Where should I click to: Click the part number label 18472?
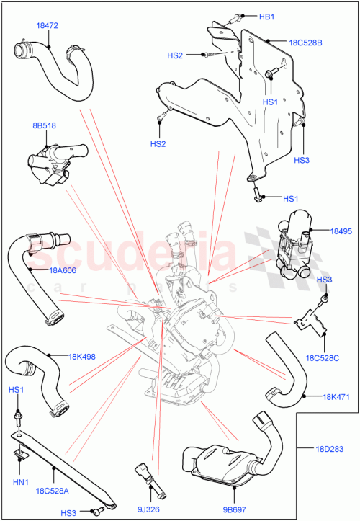click(x=47, y=25)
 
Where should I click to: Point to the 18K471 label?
click(x=336, y=396)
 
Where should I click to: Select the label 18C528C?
click(x=322, y=357)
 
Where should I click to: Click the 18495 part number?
click(x=342, y=231)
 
